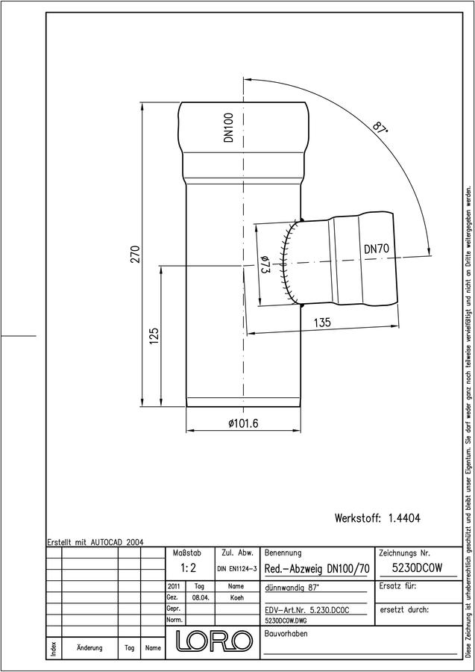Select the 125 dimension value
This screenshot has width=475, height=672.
pos(154,337)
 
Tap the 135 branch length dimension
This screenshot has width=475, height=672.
pos(322,323)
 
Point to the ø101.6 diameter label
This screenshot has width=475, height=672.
pos(243,423)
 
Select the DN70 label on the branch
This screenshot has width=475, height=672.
pos(377,249)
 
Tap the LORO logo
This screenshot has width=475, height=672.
pos(214,641)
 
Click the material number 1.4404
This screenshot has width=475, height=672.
pos(404,518)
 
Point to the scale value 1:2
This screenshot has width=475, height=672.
pos(189,568)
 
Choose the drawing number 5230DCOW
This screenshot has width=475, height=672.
pos(418,568)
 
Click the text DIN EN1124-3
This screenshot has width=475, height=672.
pos(236,569)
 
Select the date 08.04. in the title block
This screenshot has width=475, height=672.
pos(201,598)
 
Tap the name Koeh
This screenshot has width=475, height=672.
pos(236,598)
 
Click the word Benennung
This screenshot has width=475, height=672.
pos(283,553)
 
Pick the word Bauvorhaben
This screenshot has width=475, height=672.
pos(286,634)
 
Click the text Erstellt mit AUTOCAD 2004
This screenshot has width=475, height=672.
pos(95,542)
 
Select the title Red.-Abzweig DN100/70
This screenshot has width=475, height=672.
pos(317,570)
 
